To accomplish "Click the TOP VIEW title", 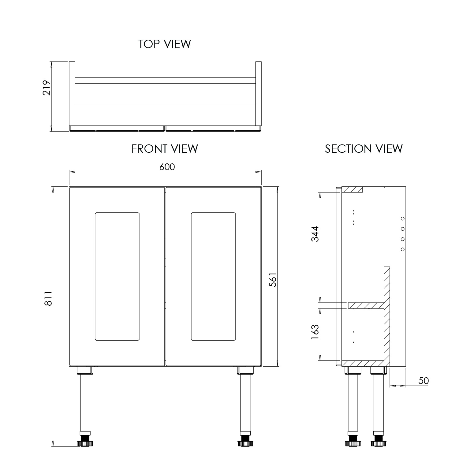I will [164, 44].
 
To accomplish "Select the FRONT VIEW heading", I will [165, 149].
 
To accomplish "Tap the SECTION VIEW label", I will [364, 149].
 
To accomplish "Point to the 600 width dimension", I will [167, 167].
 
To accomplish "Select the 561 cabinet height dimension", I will [273, 279].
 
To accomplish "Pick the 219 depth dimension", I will [46, 88].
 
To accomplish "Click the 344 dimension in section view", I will [315, 234].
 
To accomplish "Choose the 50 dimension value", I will [424, 381].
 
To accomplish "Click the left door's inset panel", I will [117, 276].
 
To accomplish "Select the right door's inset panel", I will [213, 276].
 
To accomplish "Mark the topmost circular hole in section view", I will [403, 218].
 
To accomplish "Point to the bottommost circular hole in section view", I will [403, 249].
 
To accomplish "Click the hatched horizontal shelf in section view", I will [366, 305].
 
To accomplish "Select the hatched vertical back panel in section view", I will [387, 315].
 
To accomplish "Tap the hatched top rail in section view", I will [352, 189].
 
